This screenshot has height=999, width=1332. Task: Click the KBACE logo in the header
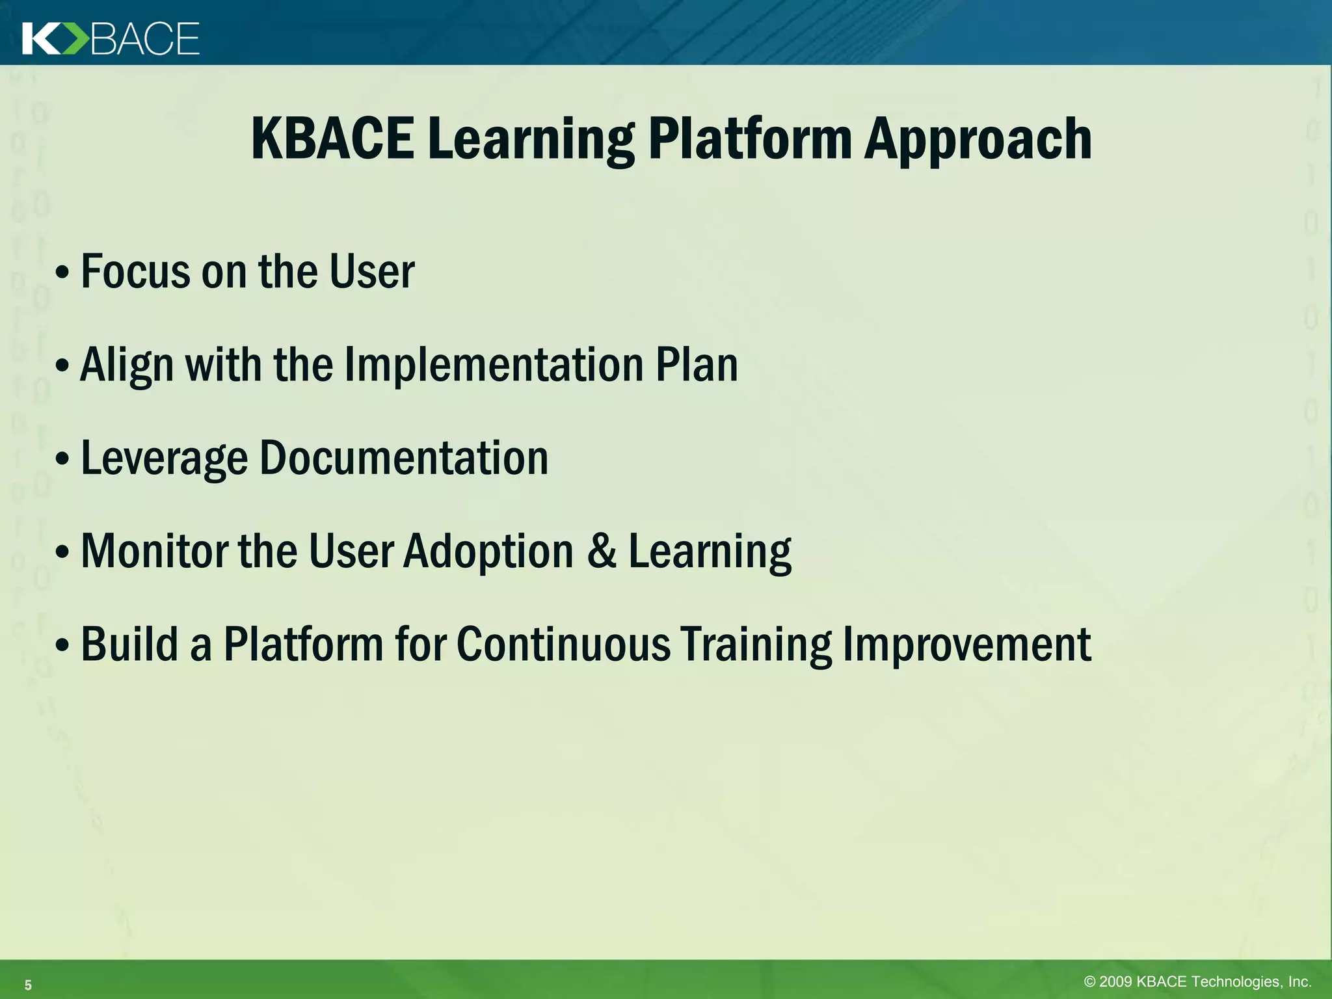pyautogui.click(x=111, y=38)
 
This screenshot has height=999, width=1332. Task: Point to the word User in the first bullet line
pyautogui.click(x=371, y=272)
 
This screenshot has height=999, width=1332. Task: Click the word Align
pyautogui.click(x=127, y=366)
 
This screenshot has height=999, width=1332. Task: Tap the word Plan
pyautogui.click(x=697, y=366)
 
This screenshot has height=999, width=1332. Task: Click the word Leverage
pyautogui.click(x=164, y=459)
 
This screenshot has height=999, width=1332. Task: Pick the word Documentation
pyautogui.click(x=404, y=459)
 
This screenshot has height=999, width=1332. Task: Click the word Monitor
pyautogui.click(x=153, y=552)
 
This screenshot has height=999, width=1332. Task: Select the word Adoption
pyautogui.click(x=488, y=552)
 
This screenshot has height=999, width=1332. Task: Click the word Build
pyautogui.click(x=129, y=645)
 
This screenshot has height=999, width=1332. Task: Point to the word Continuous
pyautogui.click(x=563, y=645)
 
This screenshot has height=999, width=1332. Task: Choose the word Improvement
pyautogui.click(x=966, y=645)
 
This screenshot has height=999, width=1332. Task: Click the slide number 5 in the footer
pyautogui.click(x=28, y=985)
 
